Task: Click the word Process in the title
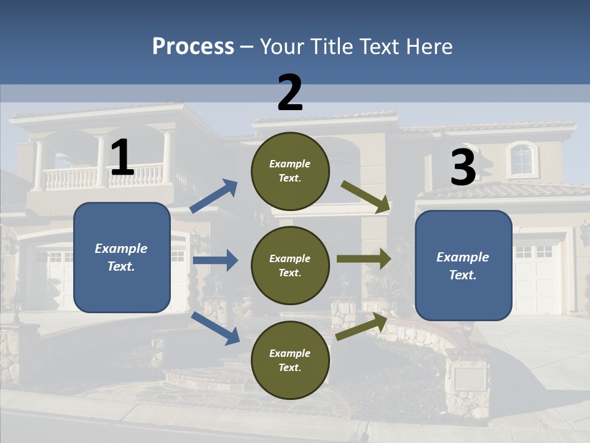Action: [x=193, y=47]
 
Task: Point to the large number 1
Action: [x=122, y=158]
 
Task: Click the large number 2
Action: [x=290, y=92]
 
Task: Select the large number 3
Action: [x=463, y=167]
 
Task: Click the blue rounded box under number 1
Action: [x=122, y=257]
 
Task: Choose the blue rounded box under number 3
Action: [x=463, y=266]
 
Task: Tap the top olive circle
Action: [x=290, y=171]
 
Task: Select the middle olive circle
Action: [x=290, y=265]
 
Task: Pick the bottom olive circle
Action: [x=290, y=360]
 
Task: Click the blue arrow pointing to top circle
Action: [x=214, y=196]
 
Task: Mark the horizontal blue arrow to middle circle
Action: [x=215, y=260]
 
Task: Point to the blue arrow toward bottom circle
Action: [x=215, y=328]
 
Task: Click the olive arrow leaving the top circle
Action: [x=366, y=197]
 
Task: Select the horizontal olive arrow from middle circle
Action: [x=364, y=258]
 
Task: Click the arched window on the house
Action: [x=522, y=159]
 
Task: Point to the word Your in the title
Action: [x=281, y=47]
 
